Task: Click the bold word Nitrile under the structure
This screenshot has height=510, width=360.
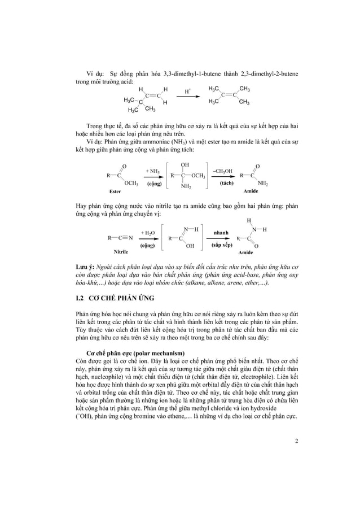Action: (121, 250)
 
